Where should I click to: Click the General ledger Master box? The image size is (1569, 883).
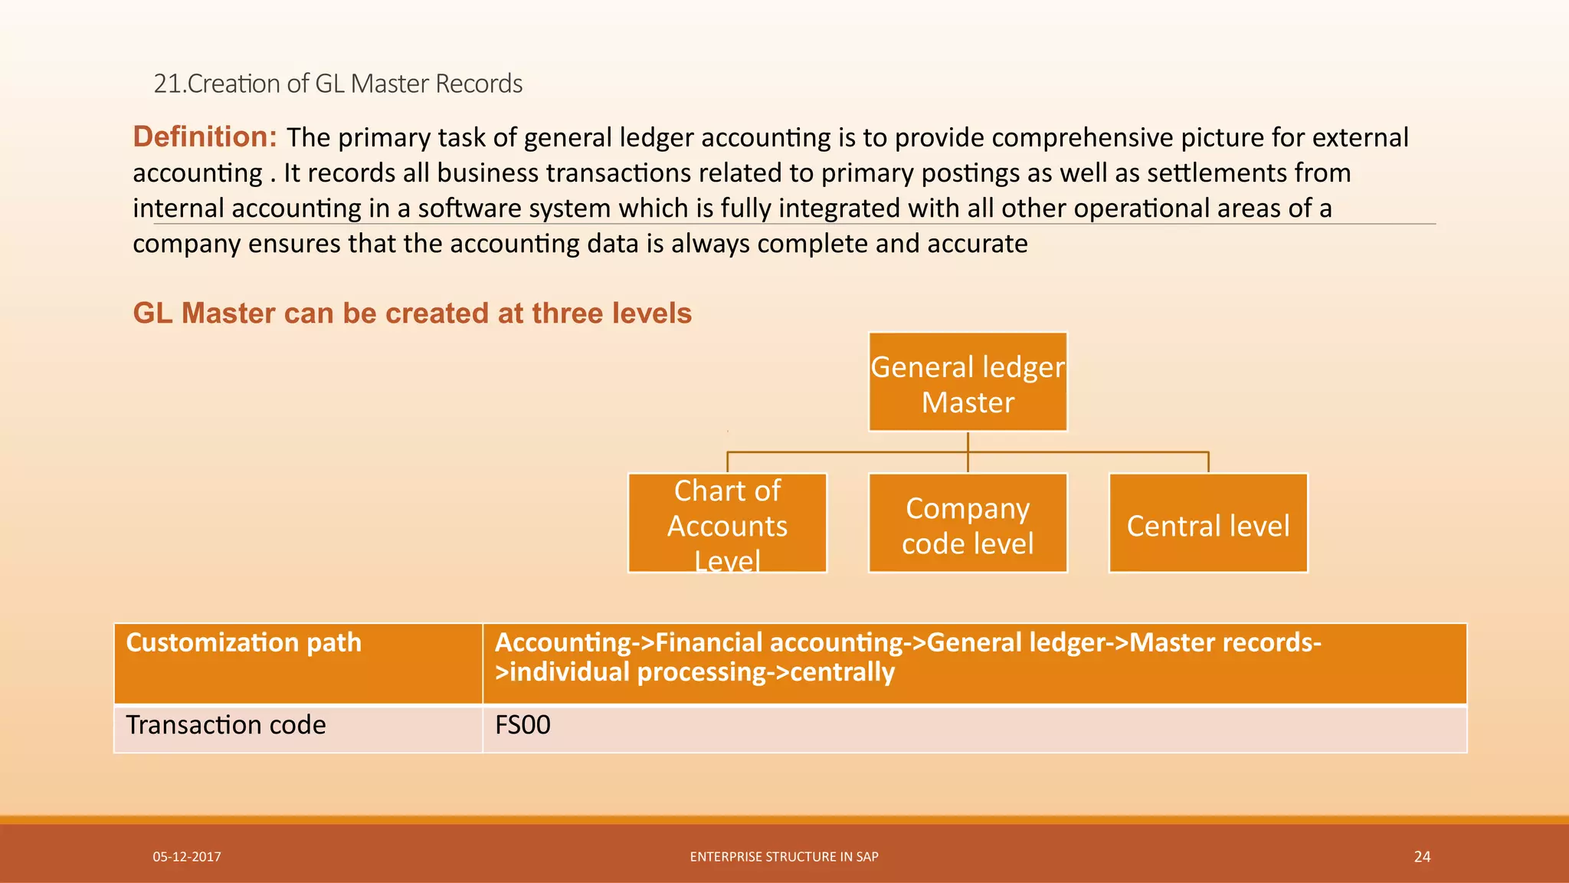click(x=968, y=382)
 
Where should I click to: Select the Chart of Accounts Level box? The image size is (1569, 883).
click(x=727, y=524)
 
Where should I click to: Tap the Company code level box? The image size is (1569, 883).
click(x=968, y=524)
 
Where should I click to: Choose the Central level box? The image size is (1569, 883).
click(x=1208, y=524)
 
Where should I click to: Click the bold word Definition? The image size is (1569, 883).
click(x=205, y=136)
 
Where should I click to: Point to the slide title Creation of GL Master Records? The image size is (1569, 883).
click(x=338, y=84)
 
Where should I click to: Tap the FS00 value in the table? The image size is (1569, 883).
click(x=522, y=725)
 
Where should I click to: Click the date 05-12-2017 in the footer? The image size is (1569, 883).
click(x=187, y=857)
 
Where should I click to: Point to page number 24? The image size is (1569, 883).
click(x=1422, y=857)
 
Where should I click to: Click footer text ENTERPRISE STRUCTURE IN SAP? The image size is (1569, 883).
click(x=784, y=857)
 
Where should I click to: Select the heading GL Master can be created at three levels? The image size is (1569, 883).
click(x=412, y=313)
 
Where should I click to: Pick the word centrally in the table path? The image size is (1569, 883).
click(x=842, y=672)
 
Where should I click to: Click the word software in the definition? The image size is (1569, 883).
click(x=470, y=208)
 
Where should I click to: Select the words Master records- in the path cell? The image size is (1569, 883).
click(x=1225, y=642)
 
